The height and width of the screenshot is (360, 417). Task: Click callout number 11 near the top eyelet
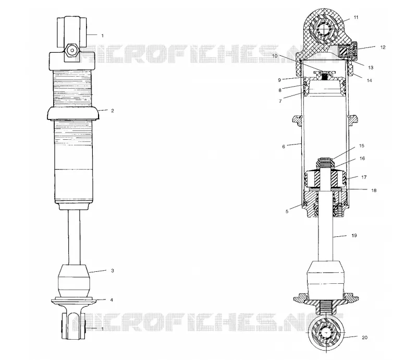click(356, 17)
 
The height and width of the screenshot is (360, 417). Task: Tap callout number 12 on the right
click(383, 47)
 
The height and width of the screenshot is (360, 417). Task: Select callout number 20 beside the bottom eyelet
click(364, 338)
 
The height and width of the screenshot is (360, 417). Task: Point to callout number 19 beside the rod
click(354, 235)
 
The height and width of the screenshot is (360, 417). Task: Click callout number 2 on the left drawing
click(113, 111)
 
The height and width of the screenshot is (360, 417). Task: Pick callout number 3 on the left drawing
click(113, 271)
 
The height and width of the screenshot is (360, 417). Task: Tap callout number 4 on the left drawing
click(112, 300)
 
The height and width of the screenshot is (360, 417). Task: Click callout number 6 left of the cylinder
click(284, 147)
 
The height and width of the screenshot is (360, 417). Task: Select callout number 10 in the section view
click(275, 56)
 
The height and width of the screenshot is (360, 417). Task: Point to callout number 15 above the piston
click(361, 146)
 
